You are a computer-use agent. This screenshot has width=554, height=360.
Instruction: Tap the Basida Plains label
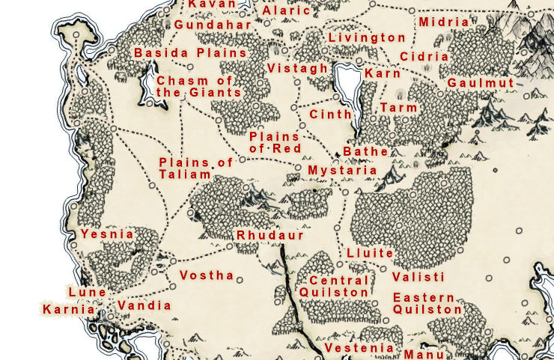(190, 53)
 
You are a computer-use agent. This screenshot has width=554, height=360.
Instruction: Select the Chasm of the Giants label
(198, 87)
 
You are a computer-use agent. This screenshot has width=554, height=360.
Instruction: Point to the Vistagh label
(297, 69)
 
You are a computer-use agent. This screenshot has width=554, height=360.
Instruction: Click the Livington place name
(367, 37)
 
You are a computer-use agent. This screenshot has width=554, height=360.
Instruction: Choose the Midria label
(444, 22)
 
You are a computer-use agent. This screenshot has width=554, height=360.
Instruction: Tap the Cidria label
(424, 57)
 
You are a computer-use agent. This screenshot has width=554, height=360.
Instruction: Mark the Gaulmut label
(481, 83)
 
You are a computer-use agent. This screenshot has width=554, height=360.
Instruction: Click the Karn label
(382, 74)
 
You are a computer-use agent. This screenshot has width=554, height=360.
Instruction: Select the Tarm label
(398, 109)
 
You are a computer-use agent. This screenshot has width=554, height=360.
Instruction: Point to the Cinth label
(330, 115)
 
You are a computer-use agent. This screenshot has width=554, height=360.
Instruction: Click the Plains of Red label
(275, 143)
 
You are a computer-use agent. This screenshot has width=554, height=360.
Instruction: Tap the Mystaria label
(342, 171)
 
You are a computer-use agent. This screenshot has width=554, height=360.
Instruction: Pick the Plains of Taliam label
(186, 168)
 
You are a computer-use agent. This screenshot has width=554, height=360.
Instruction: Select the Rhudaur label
(270, 235)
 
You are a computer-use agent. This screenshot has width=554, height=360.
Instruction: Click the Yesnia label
(107, 234)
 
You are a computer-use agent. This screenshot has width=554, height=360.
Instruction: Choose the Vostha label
(207, 275)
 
